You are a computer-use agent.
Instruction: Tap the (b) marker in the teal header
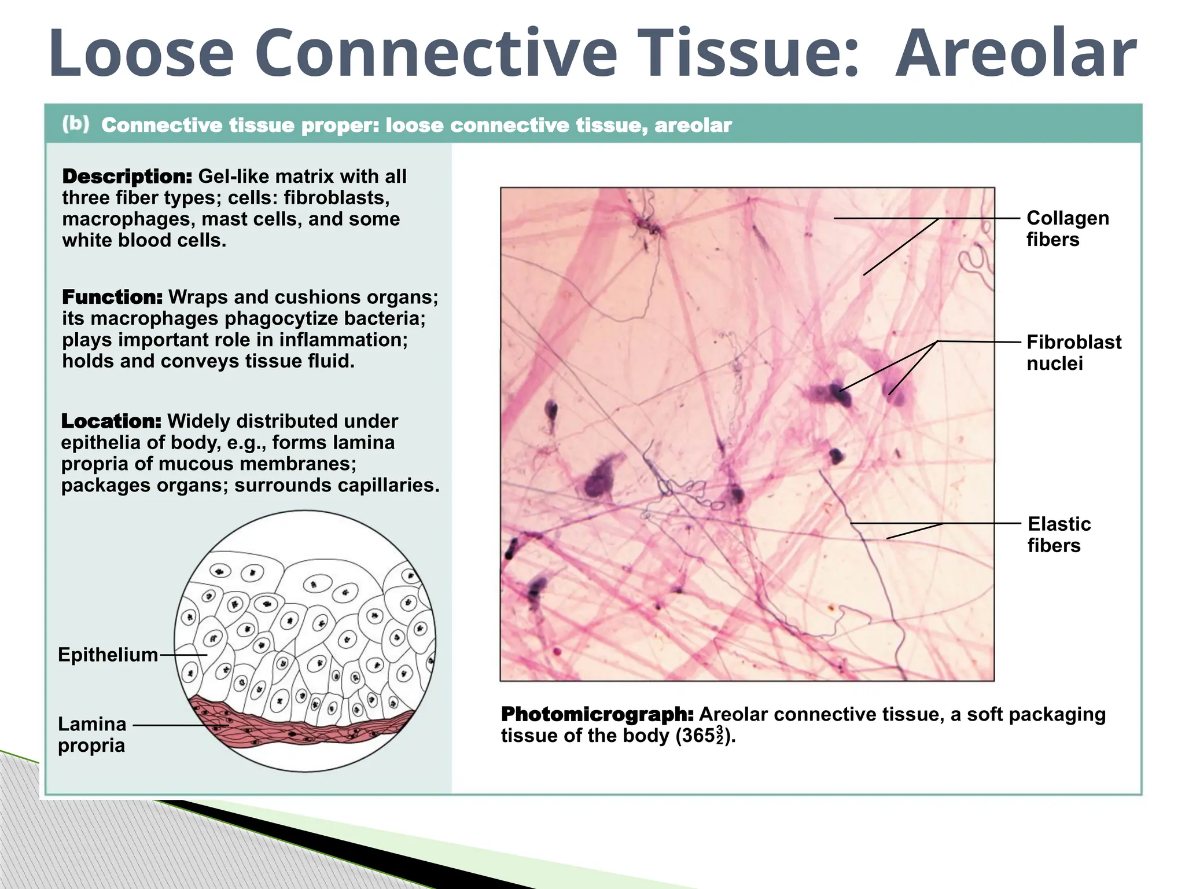76,124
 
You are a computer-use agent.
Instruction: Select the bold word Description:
127,176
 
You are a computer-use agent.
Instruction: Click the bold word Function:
112,297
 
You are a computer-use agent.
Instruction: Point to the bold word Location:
111,421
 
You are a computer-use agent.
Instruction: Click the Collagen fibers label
1067,229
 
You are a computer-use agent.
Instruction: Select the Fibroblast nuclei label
1073,352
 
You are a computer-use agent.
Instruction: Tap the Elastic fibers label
1058,534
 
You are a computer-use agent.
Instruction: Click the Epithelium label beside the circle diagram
108,655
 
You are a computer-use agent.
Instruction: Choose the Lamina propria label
92,734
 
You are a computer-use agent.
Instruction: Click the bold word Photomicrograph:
597,714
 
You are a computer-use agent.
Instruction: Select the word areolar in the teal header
693,125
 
